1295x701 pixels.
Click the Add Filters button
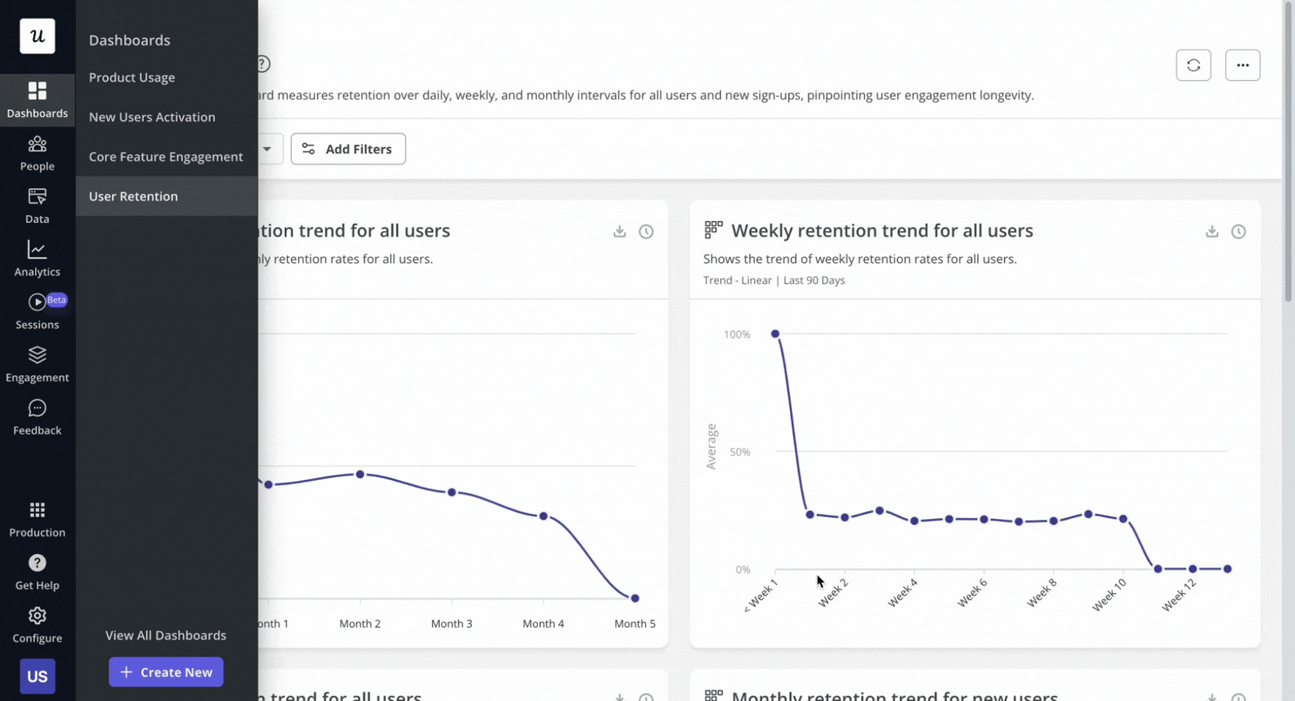[x=348, y=149]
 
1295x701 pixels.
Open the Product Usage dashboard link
[x=132, y=78]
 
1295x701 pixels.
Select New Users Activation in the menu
[x=152, y=117]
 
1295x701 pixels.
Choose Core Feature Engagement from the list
[x=166, y=157]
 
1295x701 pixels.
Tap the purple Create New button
[x=166, y=672]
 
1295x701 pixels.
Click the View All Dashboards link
[x=166, y=635]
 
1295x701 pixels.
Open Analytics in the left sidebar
[x=37, y=258]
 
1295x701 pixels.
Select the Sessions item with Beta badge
[x=37, y=311]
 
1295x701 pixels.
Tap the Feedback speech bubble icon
[x=37, y=408]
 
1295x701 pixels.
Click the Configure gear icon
[x=37, y=616]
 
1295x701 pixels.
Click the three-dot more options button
[x=1242, y=65]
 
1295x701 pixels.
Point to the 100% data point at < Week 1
[x=775, y=334]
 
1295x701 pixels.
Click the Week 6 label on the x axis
[x=973, y=593]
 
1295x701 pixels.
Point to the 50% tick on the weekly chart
[x=740, y=452]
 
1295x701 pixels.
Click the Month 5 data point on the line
[x=635, y=598]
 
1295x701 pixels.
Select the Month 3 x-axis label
[x=451, y=623]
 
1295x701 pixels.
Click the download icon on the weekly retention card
[x=1211, y=231]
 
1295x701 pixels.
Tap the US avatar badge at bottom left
[x=37, y=676]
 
